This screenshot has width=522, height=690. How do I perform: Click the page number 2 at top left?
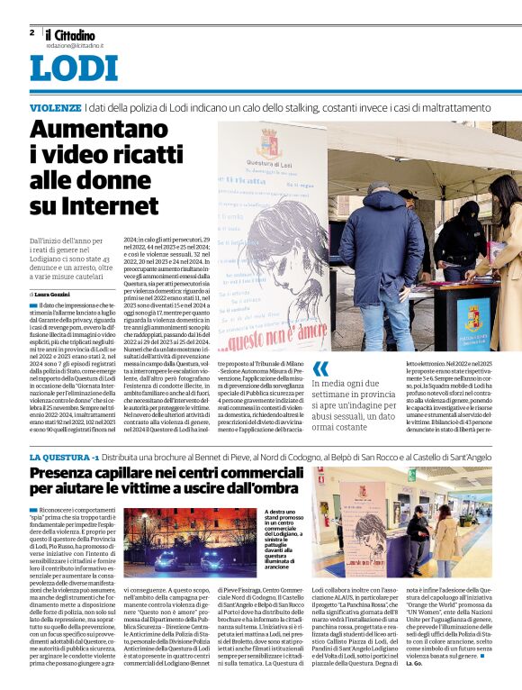tap(31, 32)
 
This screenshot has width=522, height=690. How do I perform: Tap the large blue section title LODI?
tap(74, 69)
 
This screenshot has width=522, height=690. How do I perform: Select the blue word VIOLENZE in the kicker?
tap(54, 107)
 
